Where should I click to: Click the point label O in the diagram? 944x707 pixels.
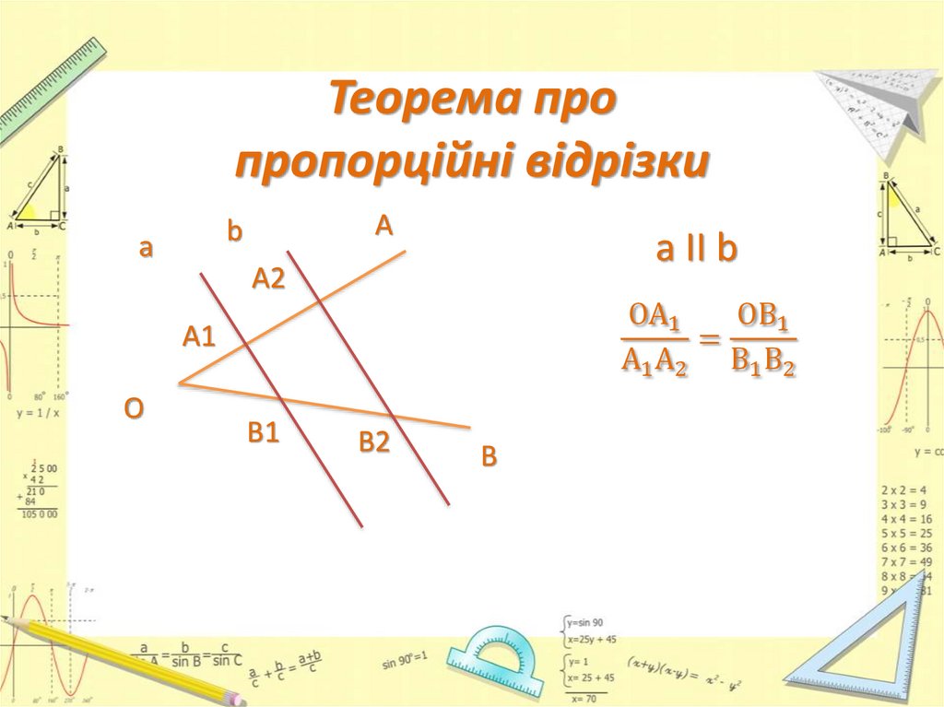pyautogui.click(x=135, y=408)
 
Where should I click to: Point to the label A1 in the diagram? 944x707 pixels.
pyautogui.click(x=198, y=337)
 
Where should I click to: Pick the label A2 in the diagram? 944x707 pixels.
pyautogui.click(x=269, y=278)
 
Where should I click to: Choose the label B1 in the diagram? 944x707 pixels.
pyautogui.click(x=263, y=433)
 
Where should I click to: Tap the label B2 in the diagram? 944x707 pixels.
pyautogui.click(x=374, y=443)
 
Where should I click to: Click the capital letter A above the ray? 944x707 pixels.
pyautogui.click(x=383, y=226)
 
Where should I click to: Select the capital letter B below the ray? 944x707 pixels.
pyautogui.click(x=489, y=456)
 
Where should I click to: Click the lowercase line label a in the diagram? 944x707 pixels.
pyautogui.click(x=145, y=248)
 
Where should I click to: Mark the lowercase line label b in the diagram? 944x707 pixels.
pyautogui.click(x=234, y=232)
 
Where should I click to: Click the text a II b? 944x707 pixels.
pyautogui.click(x=696, y=249)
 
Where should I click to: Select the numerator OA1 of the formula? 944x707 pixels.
pyautogui.click(x=655, y=317)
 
